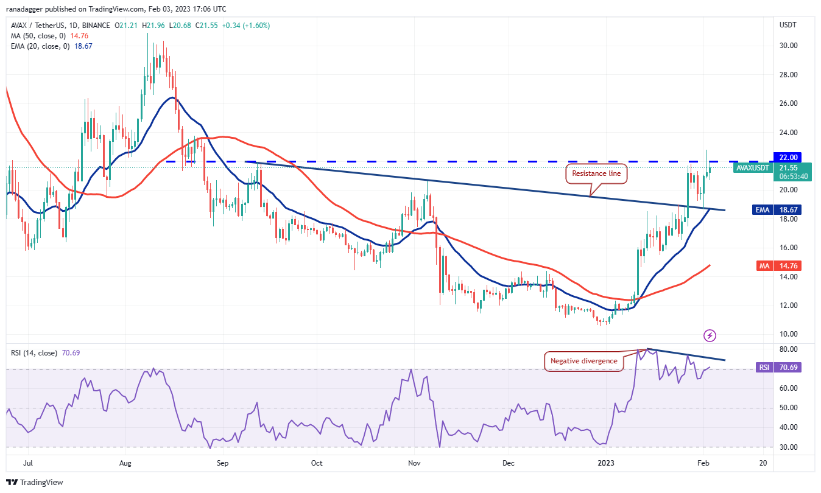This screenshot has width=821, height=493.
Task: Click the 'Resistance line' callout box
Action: pos(596,174)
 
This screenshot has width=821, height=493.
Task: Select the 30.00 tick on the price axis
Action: pos(789,46)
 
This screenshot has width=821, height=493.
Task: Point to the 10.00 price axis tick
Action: pos(789,334)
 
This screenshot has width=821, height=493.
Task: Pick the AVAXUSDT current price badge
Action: pos(771,171)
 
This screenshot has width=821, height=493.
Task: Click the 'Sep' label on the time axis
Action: pos(222,463)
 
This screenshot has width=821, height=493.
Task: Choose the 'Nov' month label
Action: pos(415,463)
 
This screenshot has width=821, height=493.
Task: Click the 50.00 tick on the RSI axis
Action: pos(789,408)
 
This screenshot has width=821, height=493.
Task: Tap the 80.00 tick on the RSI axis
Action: pos(789,349)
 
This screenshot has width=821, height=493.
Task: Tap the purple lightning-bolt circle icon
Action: pos(709,335)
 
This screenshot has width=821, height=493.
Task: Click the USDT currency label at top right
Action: pos(789,25)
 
